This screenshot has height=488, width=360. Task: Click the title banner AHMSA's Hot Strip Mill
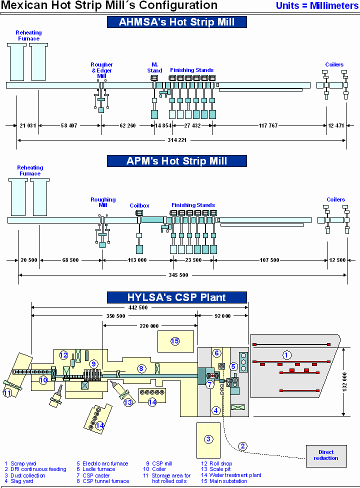pyautogui.click(x=176, y=22)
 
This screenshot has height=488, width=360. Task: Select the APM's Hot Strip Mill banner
pyautogui.click(x=176, y=161)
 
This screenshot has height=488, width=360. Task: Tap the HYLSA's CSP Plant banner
pyautogui.click(x=176, y=297)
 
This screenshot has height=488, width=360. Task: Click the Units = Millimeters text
pyautogui.click(x=317, y=6)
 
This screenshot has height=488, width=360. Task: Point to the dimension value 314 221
pyautogui.click(x=177, y=140)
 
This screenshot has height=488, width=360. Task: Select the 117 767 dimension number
pyautogui.click(x=268, y=125)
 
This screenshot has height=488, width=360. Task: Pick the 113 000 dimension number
pyautogui.click(x=137, y=260)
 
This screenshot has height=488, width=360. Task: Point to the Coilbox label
pyautogui.click(x=139, y=205)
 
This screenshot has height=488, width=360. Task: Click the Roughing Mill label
pyautogui.click(x=103, y=202)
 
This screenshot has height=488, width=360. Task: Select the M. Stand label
pyautogui.click(x=155, y=67)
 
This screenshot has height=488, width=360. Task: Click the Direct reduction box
pyautogui.click(x=326, y=455)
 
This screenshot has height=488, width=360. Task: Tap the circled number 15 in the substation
pyautogui.click(x=175, y=341)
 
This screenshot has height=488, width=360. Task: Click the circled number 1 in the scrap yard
pyautogui.click(x=287, y=355)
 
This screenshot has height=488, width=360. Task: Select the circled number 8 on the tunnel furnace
pyautogui.click(x=141, y=368)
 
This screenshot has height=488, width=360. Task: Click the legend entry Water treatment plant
pyautogui.click(x=235, y=475)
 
